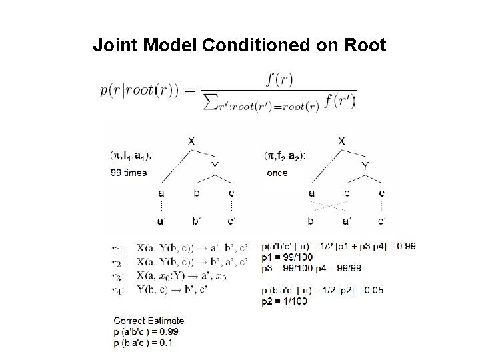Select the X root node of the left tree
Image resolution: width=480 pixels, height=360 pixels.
point(192,141)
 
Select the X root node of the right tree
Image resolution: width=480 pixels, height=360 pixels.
point(342,141)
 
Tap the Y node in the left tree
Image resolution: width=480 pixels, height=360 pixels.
point(215,166)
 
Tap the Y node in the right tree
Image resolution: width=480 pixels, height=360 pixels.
point(365,166)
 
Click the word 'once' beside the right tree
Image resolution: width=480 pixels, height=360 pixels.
point(277,172)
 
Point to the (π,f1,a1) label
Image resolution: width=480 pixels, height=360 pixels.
point(131,155)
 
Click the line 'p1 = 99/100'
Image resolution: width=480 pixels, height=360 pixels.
point(287,256)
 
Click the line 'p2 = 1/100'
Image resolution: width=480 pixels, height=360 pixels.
point(285,301)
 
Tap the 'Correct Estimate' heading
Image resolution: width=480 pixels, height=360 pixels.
point(148,320)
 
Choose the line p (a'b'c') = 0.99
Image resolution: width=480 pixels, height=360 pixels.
point(145,331)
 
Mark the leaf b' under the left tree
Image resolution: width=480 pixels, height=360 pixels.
point(195,220)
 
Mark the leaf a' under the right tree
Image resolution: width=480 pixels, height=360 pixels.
point(347,220)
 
